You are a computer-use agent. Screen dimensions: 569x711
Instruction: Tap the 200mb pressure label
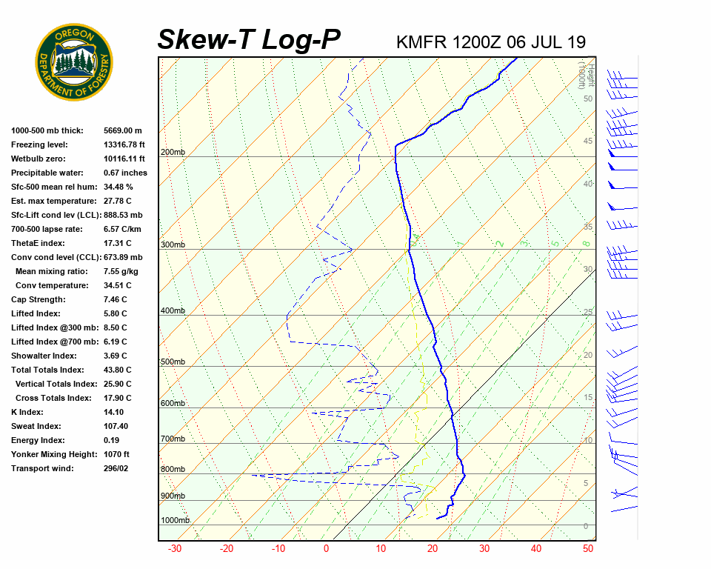(173, 153)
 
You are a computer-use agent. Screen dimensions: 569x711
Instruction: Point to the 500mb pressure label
(173, 362)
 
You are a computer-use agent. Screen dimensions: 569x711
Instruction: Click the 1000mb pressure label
(175, 521)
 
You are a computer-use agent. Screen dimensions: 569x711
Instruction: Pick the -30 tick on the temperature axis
(175, 549)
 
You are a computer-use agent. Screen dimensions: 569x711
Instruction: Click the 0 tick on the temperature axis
(326, 549)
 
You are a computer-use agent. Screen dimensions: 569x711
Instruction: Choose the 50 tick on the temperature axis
(588, 549)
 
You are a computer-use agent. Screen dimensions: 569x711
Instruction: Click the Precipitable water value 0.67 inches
(125, 173)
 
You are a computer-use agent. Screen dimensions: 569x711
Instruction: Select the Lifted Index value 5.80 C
(115, 313)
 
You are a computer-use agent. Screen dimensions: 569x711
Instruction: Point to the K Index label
(27, 412)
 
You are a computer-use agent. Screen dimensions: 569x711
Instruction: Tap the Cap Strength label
(38, 299)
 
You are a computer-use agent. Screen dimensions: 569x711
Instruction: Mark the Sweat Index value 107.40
(116, 426)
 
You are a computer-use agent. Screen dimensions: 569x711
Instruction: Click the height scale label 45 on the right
(588, 142)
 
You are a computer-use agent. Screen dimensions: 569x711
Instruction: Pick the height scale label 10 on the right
(588, 441)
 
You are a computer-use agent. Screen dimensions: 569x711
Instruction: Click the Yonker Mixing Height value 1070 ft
(116, 454)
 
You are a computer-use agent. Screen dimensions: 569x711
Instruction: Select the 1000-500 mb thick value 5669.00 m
(122, 130)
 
